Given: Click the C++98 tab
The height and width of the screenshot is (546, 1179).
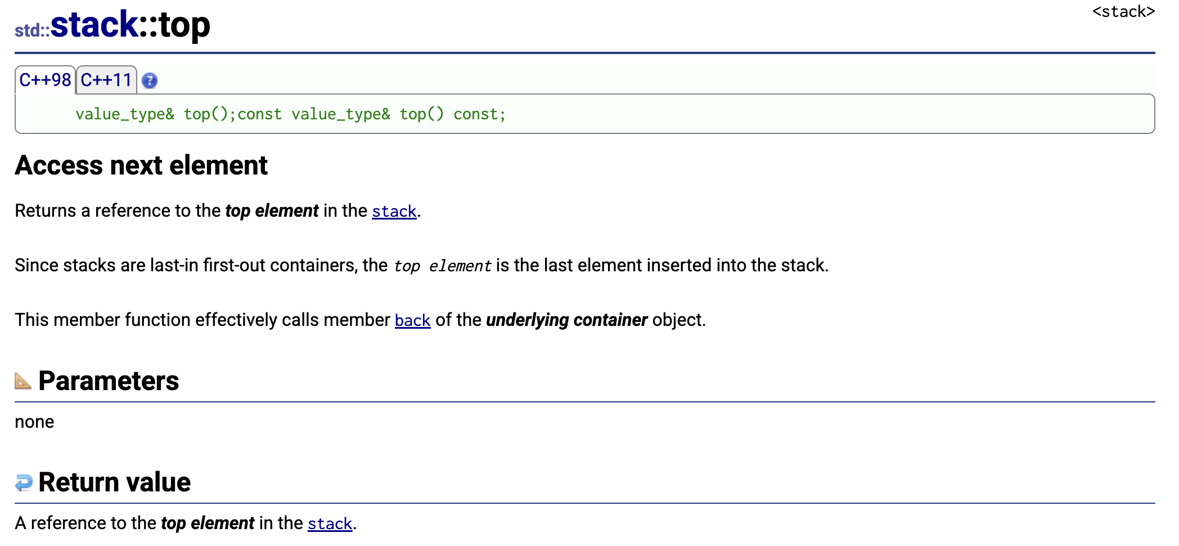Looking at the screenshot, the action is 45,80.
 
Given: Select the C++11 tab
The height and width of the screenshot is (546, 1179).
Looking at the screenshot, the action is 106,80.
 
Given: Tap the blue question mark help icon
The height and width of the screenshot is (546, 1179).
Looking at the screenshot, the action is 150,81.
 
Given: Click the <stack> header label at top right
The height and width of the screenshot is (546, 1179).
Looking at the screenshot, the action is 1123,12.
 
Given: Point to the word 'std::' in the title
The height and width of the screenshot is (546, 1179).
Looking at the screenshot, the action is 32,30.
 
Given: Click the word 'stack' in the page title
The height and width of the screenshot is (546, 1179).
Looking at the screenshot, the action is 94,25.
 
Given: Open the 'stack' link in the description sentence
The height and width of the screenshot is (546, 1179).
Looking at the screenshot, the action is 394,211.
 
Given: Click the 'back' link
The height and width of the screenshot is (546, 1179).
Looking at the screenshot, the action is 412,320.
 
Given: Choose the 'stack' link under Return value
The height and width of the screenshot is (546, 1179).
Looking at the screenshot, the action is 330,523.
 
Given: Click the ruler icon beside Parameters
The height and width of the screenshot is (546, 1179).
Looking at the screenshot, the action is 23,381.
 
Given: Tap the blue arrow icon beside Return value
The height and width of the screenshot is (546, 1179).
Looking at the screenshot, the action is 24,482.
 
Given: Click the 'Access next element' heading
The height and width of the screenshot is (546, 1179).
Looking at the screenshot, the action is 141,165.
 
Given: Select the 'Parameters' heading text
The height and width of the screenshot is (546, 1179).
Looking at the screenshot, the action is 109,381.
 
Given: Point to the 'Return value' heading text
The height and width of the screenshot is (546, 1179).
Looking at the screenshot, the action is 114,482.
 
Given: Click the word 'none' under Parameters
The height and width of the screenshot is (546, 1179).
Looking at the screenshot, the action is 34,422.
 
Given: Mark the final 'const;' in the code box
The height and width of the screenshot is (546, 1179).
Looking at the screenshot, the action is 479,114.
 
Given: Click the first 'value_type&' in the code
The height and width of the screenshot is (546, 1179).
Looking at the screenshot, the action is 125,114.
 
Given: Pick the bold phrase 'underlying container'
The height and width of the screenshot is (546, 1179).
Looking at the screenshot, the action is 566,320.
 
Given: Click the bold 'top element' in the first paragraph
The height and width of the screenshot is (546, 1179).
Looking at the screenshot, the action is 272,211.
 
